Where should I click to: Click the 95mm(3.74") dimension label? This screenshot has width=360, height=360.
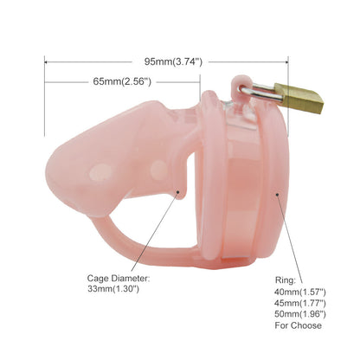pyautogui.click(x=173, y=61)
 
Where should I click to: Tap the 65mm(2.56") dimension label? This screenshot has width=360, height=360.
pyautogui.click(x=122, y=81)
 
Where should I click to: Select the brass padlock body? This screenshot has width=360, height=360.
pyautogui.click(x=299, y=98)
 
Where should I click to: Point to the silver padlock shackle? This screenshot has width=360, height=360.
pyautogui.click(x=261, y=92)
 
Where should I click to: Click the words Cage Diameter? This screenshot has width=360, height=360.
pyautogui.click(x=119, y=279)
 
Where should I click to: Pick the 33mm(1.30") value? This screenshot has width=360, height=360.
pyautogui.click(x=113, y=289)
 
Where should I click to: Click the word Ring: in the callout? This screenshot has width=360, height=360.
pyautogui.click(x=286, y=280)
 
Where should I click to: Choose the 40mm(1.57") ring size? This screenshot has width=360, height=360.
pyautogui.click(x=300, y=292)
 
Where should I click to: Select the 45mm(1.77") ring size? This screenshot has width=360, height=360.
pyautogui.click(x=300, y=303)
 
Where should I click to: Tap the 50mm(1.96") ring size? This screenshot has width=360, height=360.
pyautogui.click(x=300, y=314)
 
